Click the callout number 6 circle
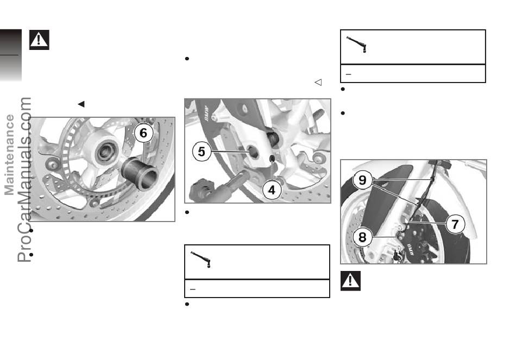[x=143, y=133]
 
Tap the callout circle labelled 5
[x=202, y=151]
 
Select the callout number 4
[x=272, y=190]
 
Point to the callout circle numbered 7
[x=455, y=224]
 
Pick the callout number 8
[x=362, y=237]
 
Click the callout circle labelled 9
[x=362, y=180]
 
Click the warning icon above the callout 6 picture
[x=39, y=40]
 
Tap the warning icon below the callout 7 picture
[x=350, y=281]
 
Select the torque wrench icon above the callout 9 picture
[x=357, y=45]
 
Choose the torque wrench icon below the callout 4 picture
[x=201, y=260]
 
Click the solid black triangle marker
[x=81, y=104]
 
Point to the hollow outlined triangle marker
[x=318, y=83]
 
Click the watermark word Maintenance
[x=9, y=155]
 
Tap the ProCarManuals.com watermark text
[x=24, y=180]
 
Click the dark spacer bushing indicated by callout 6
[x=140, y=174]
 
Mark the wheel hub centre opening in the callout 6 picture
[x=105, y=152]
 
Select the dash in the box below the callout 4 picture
[x=193, y=289]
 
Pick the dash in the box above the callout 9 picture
[x=349, y=74]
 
